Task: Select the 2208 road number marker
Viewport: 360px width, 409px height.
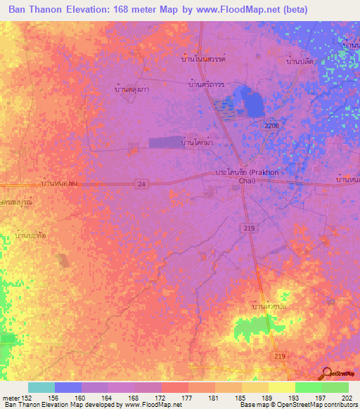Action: point(271,125)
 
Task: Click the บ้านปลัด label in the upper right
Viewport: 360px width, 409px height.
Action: point(298,61)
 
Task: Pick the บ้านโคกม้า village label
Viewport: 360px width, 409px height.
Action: point(198,143)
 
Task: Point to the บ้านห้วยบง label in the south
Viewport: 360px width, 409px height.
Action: point(269,307)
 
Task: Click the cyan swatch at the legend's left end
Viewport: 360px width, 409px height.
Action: point(41,387)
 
